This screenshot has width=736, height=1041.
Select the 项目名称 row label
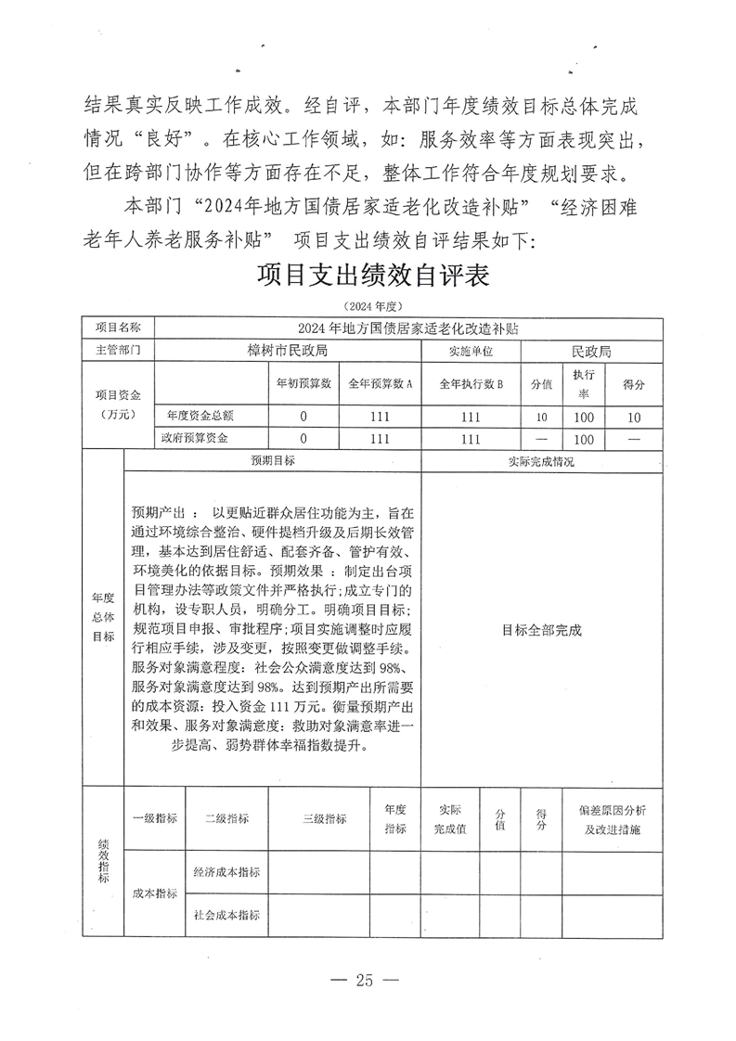pos(119,328)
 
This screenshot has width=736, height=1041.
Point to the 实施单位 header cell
pos(471,351)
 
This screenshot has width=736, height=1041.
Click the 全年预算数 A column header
pos(381,384)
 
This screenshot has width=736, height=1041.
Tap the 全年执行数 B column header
pos(471,384)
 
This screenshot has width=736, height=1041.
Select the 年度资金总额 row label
pos(200,417)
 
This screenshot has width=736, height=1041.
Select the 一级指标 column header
pos(155,818)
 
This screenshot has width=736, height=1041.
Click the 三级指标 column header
pos(325,818)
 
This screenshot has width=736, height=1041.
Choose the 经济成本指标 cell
pos(226,872)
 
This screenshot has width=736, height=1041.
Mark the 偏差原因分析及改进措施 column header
pos(613,818)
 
